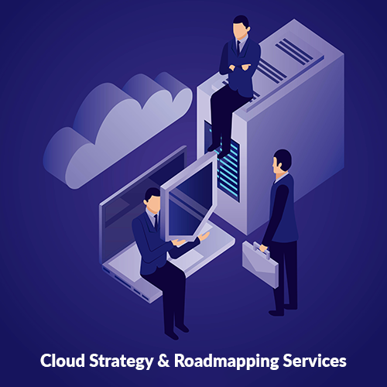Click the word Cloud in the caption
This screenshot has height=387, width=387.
[63, 361]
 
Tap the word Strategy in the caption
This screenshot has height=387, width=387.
[122, 361]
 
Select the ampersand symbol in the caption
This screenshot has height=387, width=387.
[163, 361]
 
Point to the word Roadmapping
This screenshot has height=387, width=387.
[226, 361]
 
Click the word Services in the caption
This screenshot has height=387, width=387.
[314, 361]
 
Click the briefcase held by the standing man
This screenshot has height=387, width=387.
[260, 265]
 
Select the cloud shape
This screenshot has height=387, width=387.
[118, 129]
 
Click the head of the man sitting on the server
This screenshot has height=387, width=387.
[241, 26]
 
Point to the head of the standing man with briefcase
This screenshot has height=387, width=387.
[282, 162]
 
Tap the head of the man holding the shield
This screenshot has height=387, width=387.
[152, 200]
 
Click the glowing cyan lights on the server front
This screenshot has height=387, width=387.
[228, 168]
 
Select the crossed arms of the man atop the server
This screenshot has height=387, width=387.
[238, 67]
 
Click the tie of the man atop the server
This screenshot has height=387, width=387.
[238, 47]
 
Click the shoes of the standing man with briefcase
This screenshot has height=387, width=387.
[283, 310]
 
